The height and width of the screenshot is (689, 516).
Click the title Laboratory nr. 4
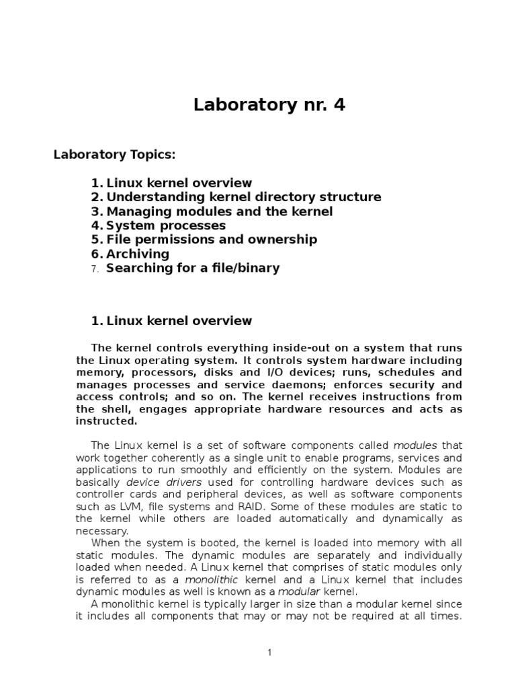[x=269, y=105]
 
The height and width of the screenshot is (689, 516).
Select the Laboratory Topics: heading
[x=114, y=155]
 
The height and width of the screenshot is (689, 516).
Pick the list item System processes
[x=166, y=225]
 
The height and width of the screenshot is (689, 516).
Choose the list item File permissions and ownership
[x=212, y=240]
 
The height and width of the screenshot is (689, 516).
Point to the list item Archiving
[x=138, y=254]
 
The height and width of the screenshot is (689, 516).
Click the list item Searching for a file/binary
[x=193, y=268]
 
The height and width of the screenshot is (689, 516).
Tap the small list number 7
[x=95, y=268]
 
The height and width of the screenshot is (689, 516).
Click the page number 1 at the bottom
[x=269, y=652]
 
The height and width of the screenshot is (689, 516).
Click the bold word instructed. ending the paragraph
[x=106, y=421]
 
